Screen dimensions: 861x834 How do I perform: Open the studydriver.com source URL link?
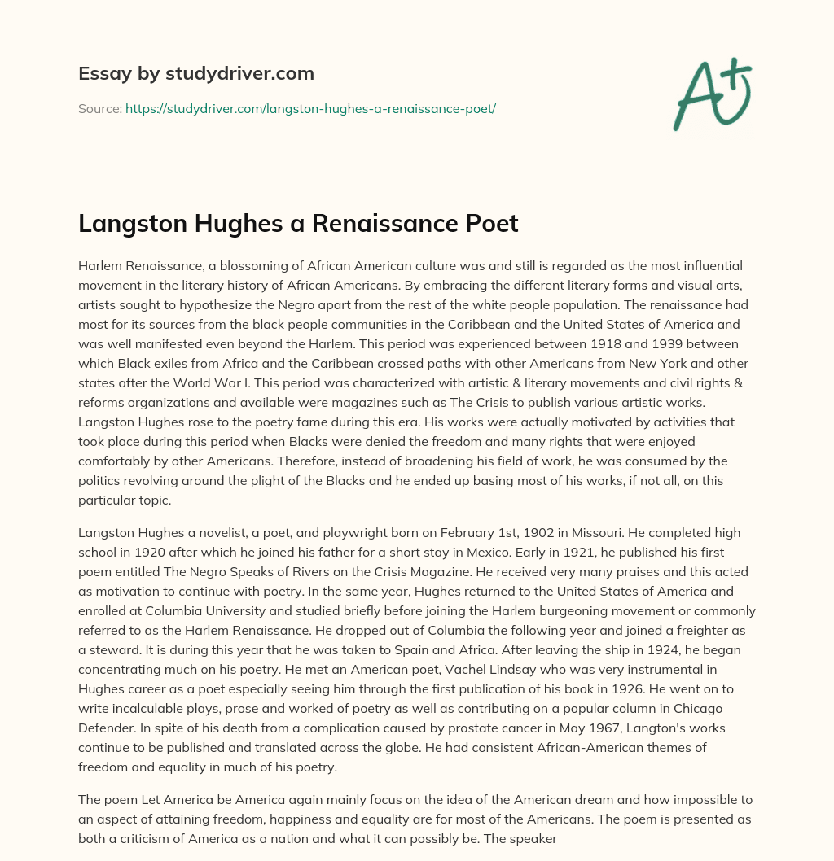tap(310, 108)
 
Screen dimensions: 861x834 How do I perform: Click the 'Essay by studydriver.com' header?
tap(195, 73)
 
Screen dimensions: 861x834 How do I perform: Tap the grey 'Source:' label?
tap(100, 108)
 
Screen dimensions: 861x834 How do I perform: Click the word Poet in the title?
tap(493, 223)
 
